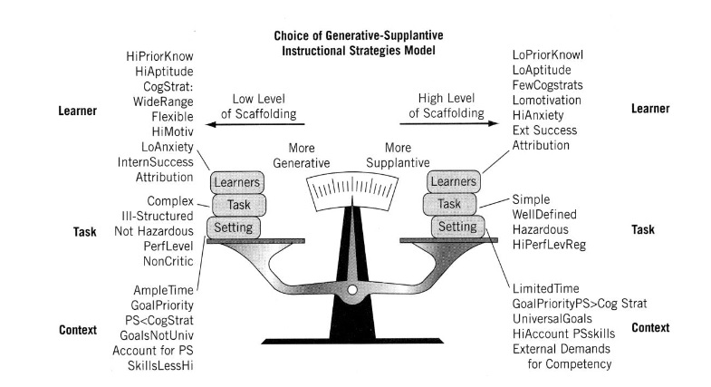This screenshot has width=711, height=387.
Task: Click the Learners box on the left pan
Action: (x=236, y=182)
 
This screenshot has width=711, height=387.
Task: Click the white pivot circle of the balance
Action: (x=352, y=290)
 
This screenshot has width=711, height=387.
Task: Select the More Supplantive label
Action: (x=397, y=155)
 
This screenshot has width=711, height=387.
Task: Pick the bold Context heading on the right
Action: (x=650, y=326)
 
